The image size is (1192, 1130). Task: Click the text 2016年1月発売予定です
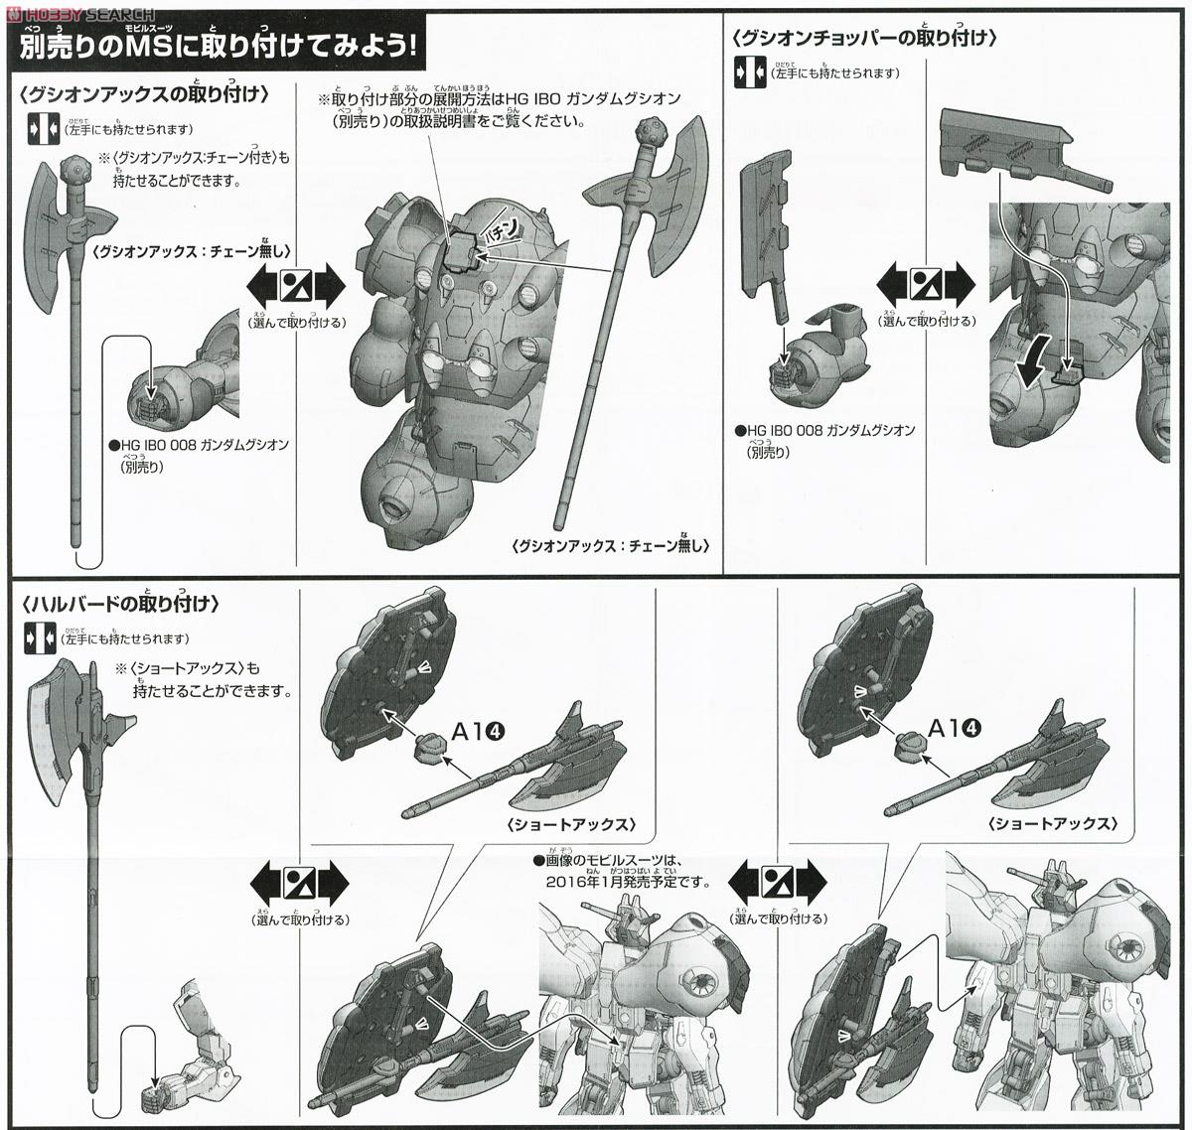click(x=616, y=881)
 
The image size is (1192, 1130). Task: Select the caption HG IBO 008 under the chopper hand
click(x=824, y=431)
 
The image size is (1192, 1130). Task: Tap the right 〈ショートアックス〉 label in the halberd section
click(x=1053, y=825)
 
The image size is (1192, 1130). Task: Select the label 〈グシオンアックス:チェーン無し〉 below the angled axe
click(x=612, y=546)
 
